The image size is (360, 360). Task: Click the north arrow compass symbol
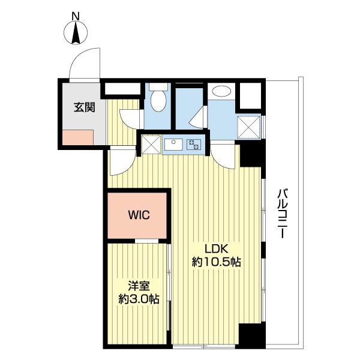pyautogui.click(x=76, y=33)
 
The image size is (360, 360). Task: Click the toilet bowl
pyautogui.click(x=158, y=100)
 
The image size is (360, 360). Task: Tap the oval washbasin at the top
pyautogui.click(x=222, y=92)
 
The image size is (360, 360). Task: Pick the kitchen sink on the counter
pyautogui.click(x=175, y=144)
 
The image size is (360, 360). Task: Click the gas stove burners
pyautogui.click(x=194, y=144)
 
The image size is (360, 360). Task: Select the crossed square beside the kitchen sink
pyautogui.click(x=151, y=144)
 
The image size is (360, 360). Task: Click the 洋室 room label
pyautogui.click(x=137, y=286)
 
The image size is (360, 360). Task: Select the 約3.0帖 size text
pyautogui.click(x=137, y=298)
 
